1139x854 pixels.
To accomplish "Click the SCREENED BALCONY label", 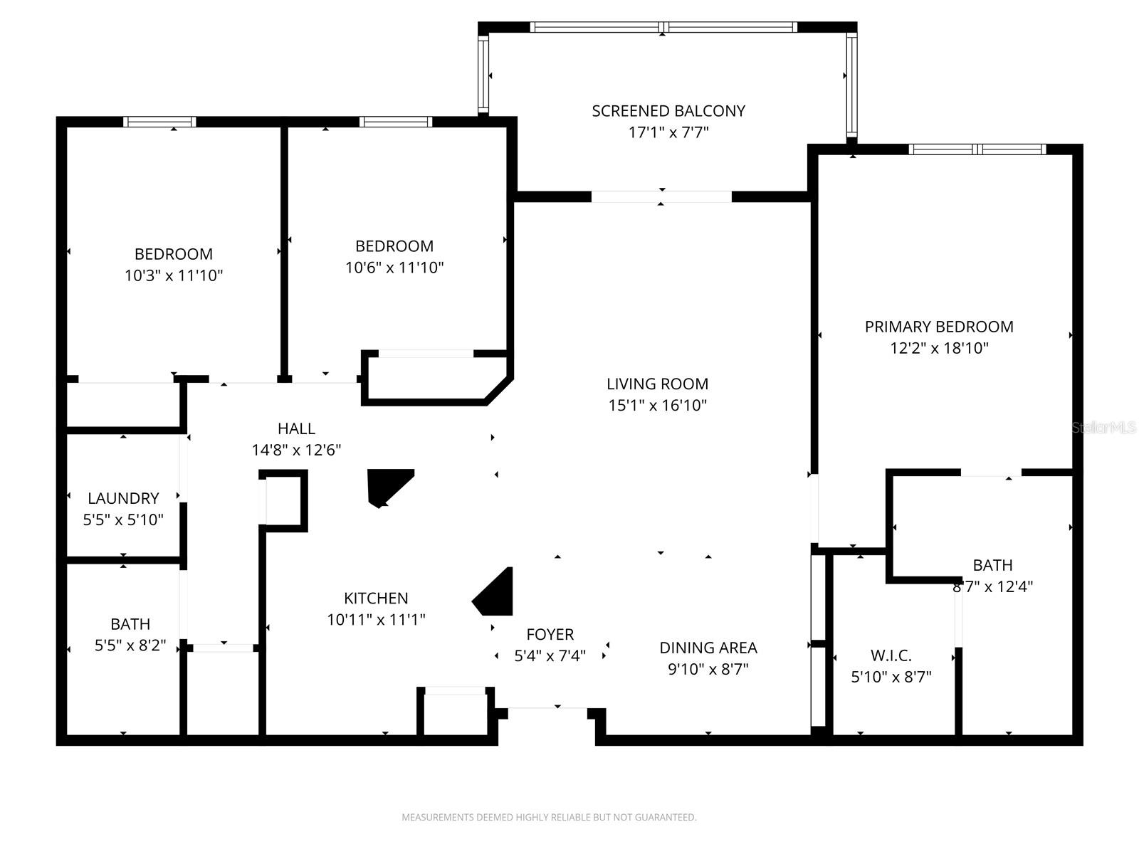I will [668, 111].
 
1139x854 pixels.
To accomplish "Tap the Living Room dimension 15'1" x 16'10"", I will [657, 406].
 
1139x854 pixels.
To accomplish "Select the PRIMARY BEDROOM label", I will [939, 327].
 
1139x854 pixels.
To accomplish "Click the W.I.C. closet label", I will [891, 655].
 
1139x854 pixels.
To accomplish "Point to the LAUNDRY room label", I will [123, 498].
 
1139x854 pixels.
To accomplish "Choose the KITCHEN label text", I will [376, 599].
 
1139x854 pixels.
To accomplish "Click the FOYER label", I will [550, 634].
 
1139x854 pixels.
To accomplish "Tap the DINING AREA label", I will [708, 648].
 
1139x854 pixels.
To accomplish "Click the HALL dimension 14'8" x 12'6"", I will [296, 450].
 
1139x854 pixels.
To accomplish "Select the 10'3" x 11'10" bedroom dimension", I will [174, 276].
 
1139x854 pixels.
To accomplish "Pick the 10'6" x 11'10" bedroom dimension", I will [394, 268].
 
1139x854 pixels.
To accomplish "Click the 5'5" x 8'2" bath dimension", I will [130, 645].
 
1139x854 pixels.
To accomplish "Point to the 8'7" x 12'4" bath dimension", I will [992, 587].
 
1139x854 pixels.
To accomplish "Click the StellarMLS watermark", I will [1103, 428].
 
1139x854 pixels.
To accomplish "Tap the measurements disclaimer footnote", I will [549, 818].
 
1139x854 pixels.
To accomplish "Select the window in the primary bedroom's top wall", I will [977, 149].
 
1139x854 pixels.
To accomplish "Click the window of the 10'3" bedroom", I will [159, 122].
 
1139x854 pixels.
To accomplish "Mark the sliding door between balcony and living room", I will [661, 197].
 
